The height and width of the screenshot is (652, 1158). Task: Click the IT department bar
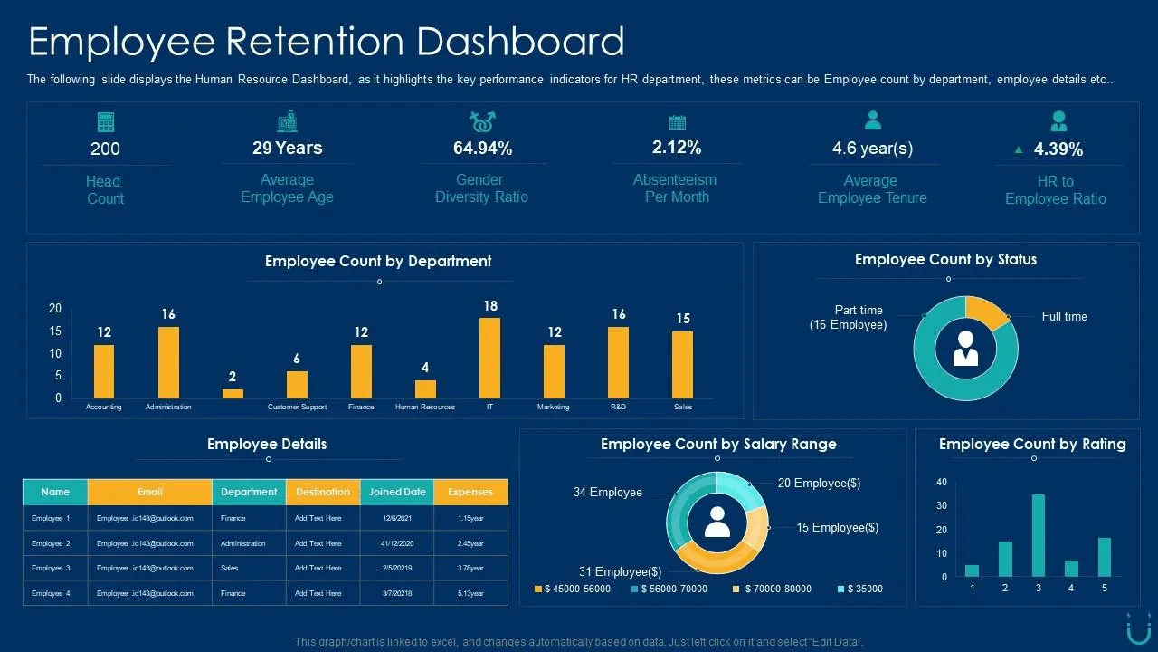489,358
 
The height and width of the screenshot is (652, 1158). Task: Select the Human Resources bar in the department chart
425,389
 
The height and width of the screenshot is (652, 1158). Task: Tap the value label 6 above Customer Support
297,358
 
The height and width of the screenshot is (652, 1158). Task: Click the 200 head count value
105,149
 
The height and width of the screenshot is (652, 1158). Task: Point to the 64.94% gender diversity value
482,149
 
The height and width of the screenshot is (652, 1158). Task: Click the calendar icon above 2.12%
678,122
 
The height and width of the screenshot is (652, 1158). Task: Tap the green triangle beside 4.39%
1019,150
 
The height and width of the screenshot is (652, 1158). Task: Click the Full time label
1065,316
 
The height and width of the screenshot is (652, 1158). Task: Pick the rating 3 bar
1038,535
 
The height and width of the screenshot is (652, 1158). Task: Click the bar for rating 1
972,570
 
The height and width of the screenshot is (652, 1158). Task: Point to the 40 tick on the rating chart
942,482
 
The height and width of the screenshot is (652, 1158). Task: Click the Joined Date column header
397,492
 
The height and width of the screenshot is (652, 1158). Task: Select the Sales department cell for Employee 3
230,568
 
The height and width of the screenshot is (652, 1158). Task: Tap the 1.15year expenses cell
470,518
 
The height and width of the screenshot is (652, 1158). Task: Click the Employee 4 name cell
51,593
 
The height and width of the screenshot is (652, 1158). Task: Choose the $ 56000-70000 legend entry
669,589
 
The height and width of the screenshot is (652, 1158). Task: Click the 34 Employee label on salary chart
607,492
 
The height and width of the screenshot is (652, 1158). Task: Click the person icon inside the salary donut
717,522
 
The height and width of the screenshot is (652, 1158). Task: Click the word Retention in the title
315,42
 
